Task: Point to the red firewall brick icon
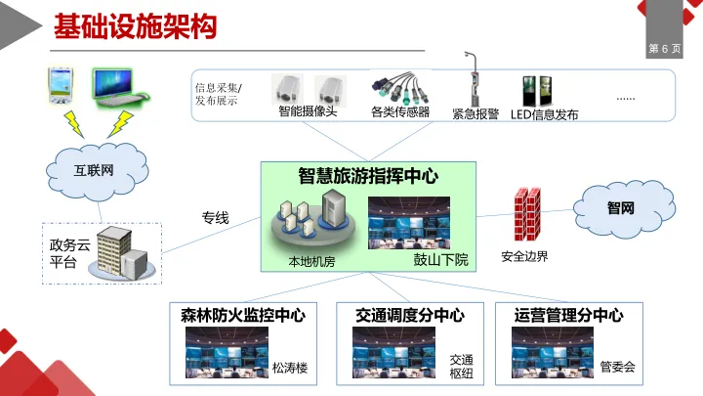point(527,214)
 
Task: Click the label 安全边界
point(524,257)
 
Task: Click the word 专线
point(215,217)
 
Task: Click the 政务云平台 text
point(63,252)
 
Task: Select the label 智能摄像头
point(308,112)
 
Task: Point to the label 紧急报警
point(476,113)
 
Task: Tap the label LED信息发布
point(545,114)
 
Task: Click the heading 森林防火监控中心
point(243,315)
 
